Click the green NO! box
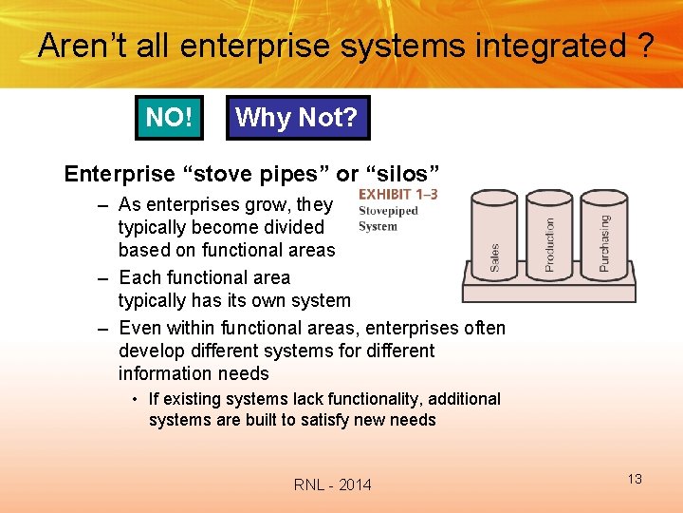point(169,118)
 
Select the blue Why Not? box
point(297,118)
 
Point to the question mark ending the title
point(645,46)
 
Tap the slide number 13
point(634,479)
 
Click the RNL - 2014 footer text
point(332,485)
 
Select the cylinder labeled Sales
point(494,233)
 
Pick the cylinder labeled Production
point(549,233)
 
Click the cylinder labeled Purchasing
point(604,233)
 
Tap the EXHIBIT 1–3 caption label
point(397,195)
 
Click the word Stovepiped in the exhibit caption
point(388,211)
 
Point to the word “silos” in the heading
point(402,174)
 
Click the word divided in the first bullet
point(291,228)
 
